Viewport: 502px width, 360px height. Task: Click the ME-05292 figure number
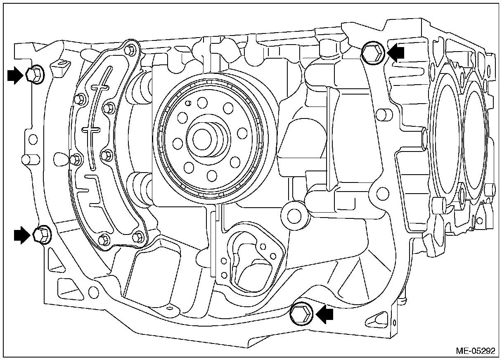tap(475, 351)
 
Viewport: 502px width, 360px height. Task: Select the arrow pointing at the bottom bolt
tap(325, 315)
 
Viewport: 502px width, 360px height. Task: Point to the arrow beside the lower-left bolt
tap(22, 235)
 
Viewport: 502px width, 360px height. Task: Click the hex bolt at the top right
tap(373, 52)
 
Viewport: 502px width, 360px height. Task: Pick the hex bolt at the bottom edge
tap(301, 314)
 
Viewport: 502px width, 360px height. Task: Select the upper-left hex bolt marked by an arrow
tap(33, 75)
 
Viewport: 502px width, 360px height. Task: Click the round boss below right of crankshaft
tap(294, 214)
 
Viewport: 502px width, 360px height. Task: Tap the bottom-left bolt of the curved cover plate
tap(104, 239)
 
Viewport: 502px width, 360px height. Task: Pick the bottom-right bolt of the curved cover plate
tap(139, 236)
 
